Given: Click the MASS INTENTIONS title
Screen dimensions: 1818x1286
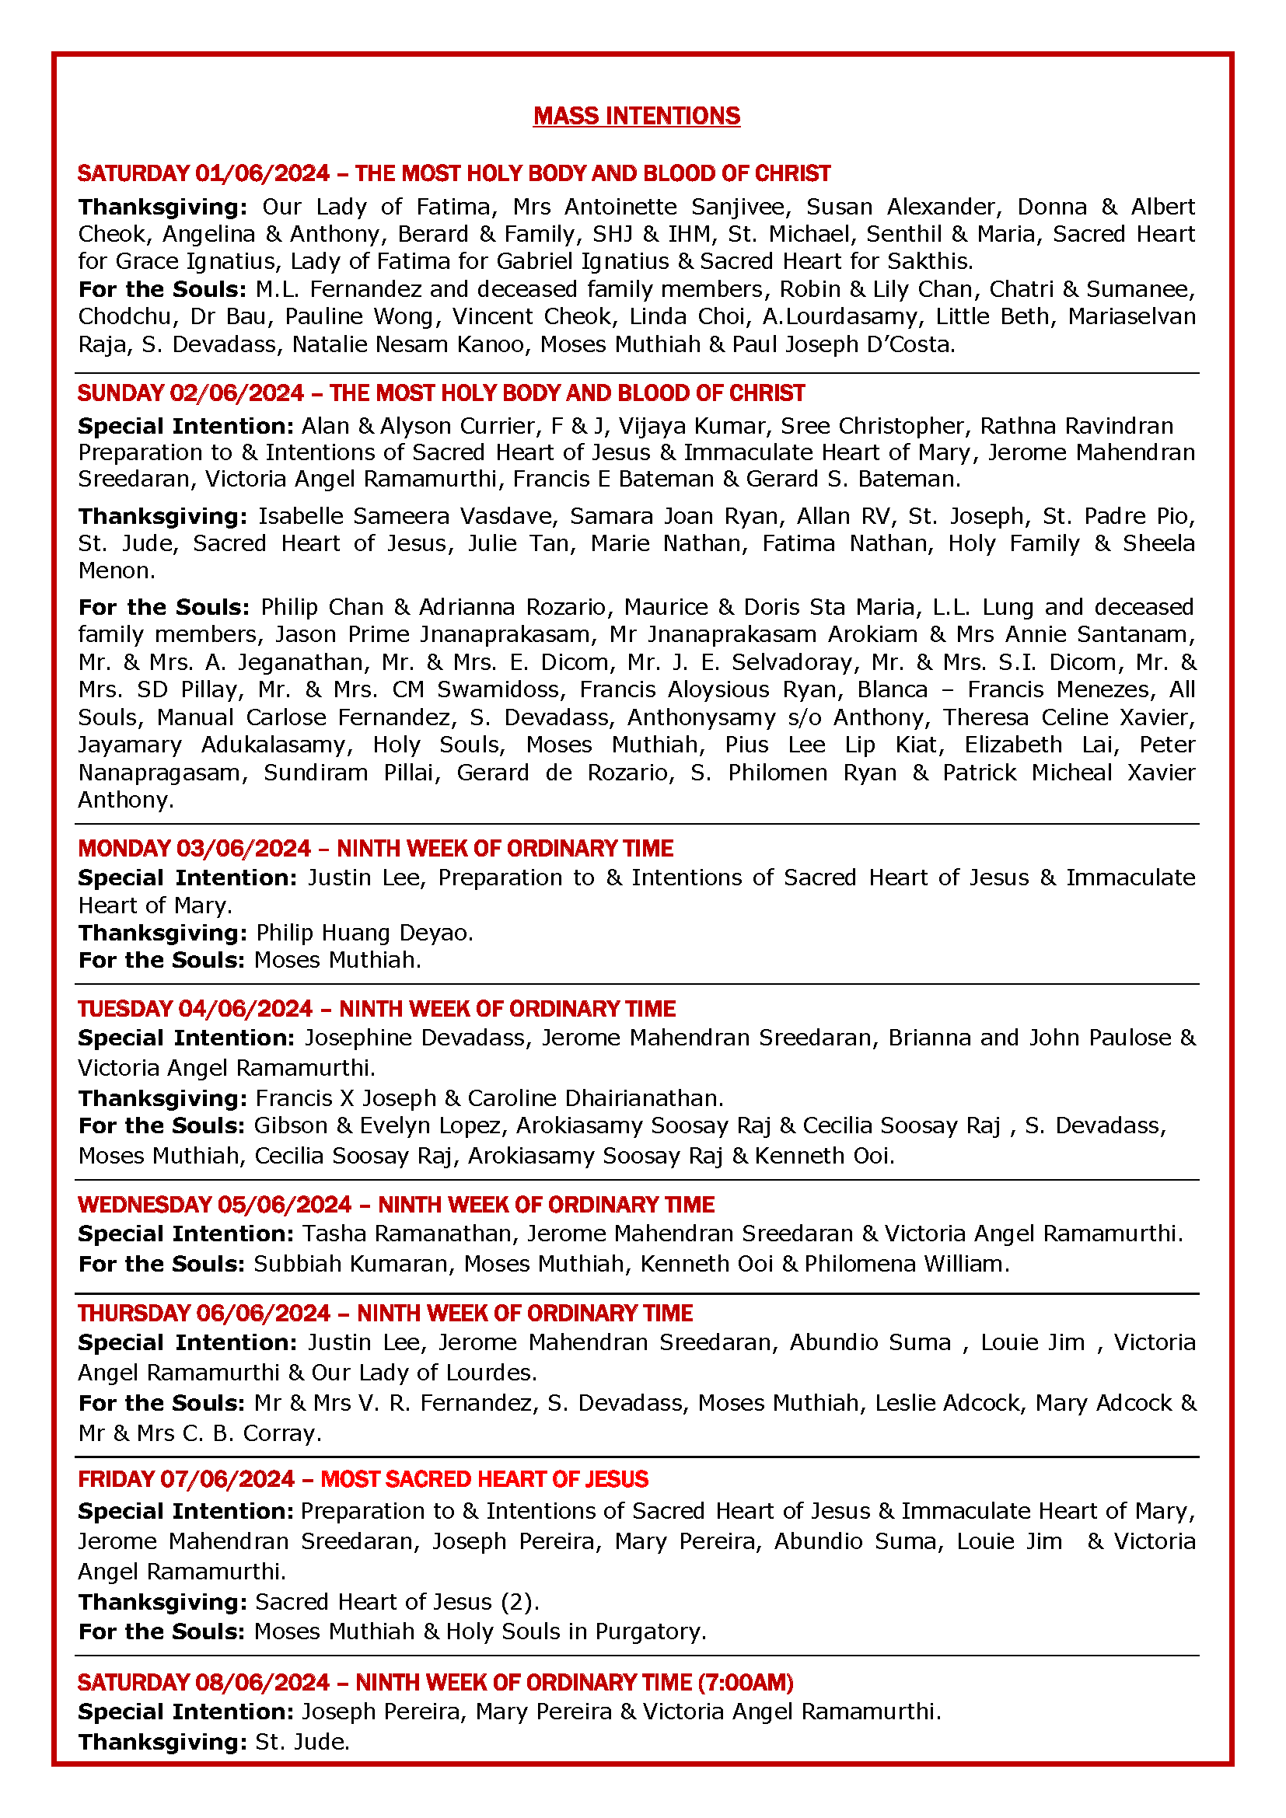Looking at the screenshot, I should [636, 117].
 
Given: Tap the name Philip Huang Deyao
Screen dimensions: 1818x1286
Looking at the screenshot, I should [363, 933].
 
